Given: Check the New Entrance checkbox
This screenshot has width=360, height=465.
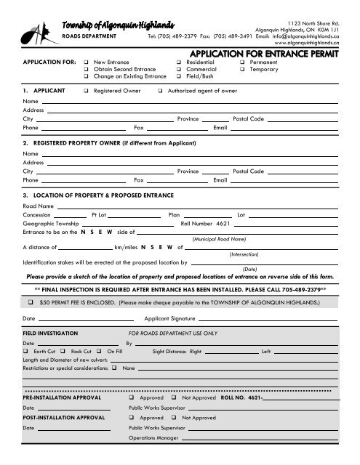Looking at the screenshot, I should point(87,62).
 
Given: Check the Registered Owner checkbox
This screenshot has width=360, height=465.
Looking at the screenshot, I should point(87,92).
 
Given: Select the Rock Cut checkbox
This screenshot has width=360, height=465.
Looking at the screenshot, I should point(65,351).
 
